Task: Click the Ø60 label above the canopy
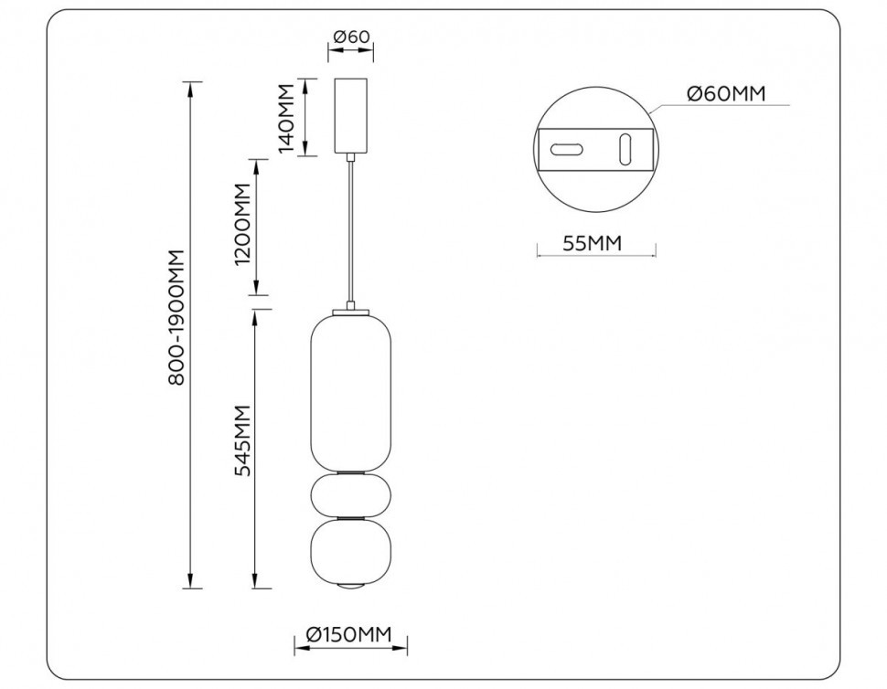click(351, 37)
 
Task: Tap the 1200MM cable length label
click(241, 226)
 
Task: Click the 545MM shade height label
click(242, 441)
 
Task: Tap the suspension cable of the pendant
click(351, 228)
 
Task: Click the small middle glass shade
click(351, 494)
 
